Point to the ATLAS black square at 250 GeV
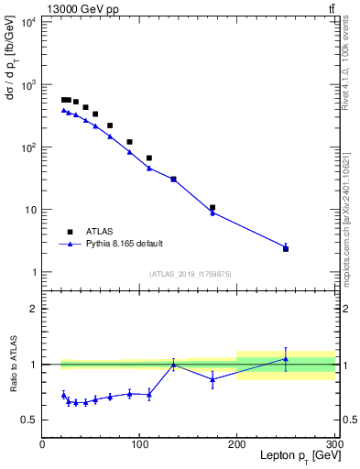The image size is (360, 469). point(286,248)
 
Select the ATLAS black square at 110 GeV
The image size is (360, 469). point(149,158)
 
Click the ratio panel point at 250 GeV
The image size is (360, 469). point(286,358)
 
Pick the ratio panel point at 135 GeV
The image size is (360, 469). point(173,365)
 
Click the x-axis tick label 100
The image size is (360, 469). point(139,445)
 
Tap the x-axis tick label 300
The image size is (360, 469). point(334,445)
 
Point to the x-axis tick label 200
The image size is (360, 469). point(237,445)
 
